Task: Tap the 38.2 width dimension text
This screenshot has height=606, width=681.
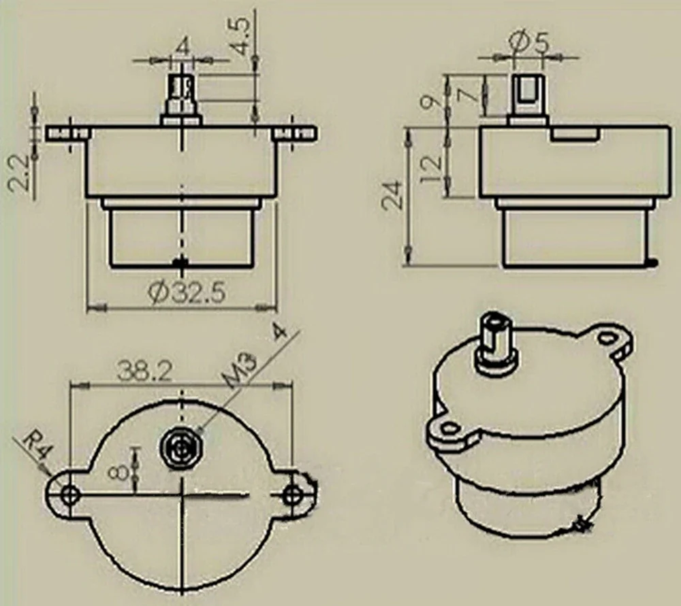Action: pos(143,371)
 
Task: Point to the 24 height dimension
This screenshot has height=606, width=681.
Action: pos(393,194)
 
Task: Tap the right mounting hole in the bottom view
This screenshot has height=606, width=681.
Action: pos(294,494)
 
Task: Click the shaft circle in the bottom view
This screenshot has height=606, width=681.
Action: pos(180,448)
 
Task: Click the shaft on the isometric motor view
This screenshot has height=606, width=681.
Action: pos(496,339)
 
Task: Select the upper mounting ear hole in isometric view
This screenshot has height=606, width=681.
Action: pos(605,337)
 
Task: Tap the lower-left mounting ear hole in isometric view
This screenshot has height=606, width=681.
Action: pos(447,428)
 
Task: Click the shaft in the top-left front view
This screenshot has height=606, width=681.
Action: pos(180,95)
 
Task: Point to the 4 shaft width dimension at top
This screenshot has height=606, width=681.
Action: pos(182,48)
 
